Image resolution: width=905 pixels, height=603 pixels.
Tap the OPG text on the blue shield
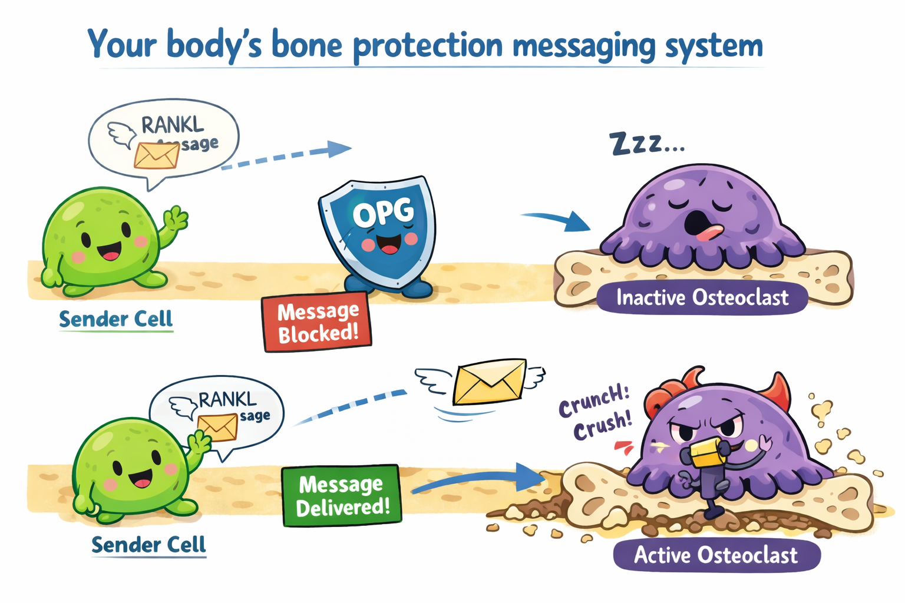coord(383,213)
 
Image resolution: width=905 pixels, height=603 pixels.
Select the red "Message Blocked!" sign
coord(317,322)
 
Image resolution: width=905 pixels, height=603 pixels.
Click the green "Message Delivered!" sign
coord(342,495)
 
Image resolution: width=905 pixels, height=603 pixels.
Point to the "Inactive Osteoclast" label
coord(702,297)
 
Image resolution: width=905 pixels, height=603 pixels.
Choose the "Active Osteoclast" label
coord(716,555)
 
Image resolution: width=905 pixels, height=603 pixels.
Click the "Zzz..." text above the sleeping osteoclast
coord(646,143)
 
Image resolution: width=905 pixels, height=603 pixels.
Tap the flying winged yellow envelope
coord(489,381)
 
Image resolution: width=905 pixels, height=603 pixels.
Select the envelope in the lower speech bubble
coord(217,427)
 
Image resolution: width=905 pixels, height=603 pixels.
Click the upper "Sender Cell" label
coord(115,319)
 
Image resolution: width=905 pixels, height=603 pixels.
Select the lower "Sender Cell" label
coord(148,545)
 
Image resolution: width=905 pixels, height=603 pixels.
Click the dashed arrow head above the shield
coord(338,148)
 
